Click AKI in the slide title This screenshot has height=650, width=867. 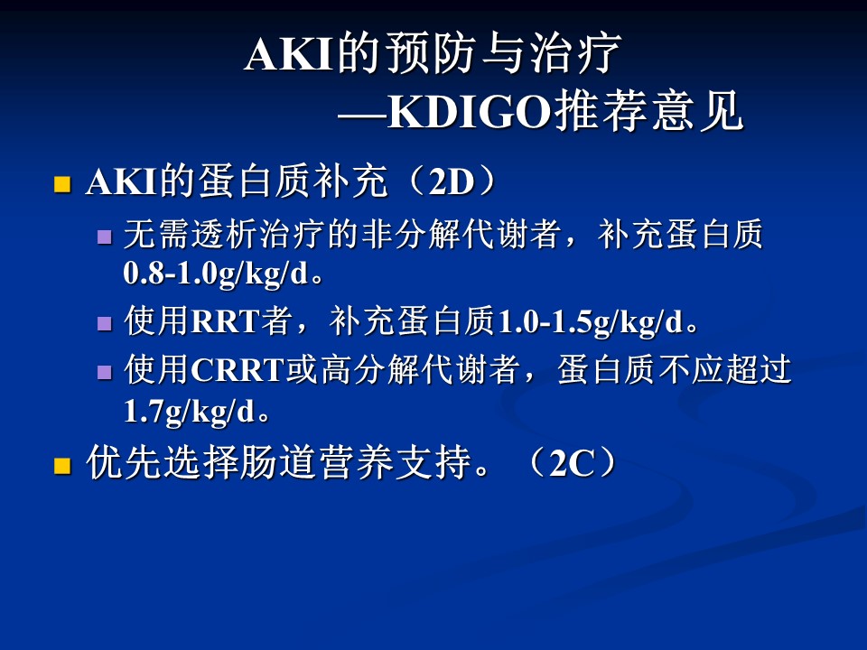coord(288,55)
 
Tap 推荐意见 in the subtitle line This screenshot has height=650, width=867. coord(648,112)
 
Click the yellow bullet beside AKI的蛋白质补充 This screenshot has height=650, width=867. coord(62,184)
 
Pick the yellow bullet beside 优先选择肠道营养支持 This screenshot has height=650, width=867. coord(62,466)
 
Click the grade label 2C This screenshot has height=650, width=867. coord(571,463)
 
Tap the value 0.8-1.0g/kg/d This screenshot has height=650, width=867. coord(216,274)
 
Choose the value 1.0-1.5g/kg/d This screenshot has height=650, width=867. coord(591,321)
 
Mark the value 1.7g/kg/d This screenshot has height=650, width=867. coord(189,412)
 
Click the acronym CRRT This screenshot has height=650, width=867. coord(238,370)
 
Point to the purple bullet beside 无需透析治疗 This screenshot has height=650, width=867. coord(105,237)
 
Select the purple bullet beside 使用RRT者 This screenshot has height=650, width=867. coord(105,323)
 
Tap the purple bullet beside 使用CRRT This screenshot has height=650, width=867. coord(105,371)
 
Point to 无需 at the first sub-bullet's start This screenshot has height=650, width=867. coord(157,234)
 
